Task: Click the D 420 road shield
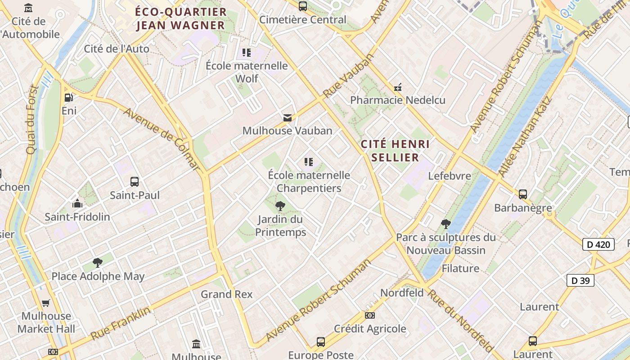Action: (x=598, y=244)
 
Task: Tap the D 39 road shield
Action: (x=580, y=280)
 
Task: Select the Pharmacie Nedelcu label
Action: (x=398, y=100)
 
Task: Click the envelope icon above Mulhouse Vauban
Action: (x=287, y=118)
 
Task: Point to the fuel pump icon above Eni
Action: (x=69, y=98)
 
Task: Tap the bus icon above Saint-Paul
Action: (x=134, y=182)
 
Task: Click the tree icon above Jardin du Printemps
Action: (x=280, y=206)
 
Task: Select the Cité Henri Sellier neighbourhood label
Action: (x=396, y=151)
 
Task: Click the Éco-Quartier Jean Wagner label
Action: (x=181, y=18)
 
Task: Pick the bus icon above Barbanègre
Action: (x=522, y=194)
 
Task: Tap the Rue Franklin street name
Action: (x=121, y=323)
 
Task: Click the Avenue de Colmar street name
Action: (x=162, y=138)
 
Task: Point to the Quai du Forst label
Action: (x=33, y=120)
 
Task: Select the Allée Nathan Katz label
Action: (x=525, y=137)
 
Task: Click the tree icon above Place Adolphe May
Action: (x=97, y=263)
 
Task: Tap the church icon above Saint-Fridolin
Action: (x=77, y=203)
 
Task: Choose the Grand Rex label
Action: (x=226, y=294)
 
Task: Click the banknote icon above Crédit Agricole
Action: (x=369, y=315)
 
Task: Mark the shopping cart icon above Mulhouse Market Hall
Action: (x=45, y=303)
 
